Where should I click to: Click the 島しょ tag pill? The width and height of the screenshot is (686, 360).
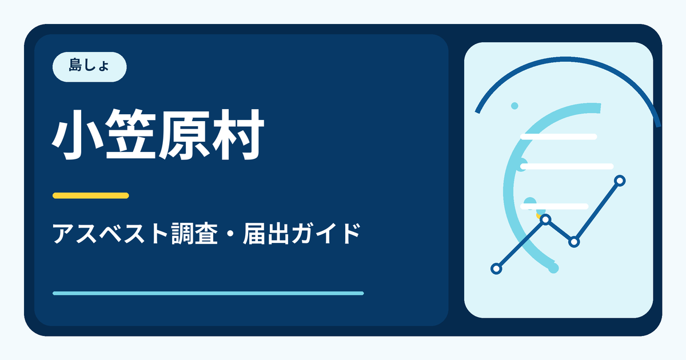coord(89,67)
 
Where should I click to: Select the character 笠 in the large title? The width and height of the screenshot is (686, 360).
coord(130,135)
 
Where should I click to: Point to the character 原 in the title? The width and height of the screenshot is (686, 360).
coord(184,135)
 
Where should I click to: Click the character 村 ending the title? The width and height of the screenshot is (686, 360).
coord(238,135)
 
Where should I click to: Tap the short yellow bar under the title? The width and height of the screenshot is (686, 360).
coord(91,195)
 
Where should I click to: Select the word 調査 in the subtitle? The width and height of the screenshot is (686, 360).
coord(194,234)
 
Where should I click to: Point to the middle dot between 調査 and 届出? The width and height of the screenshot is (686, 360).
coord(230,234)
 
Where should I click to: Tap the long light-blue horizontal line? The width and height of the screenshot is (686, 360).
coord(208,293)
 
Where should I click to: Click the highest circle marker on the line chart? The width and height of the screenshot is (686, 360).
coord(620,181)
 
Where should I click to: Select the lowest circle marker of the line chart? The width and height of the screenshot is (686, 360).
coord(496,269)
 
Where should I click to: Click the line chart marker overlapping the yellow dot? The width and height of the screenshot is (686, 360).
coord(546,219)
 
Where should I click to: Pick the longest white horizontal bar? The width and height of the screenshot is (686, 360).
coord(567,166)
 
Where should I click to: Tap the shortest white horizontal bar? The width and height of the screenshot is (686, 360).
coord(555,206)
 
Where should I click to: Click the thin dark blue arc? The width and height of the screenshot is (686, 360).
coord(565,59)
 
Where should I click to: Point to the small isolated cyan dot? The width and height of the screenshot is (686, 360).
coord(514,106)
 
